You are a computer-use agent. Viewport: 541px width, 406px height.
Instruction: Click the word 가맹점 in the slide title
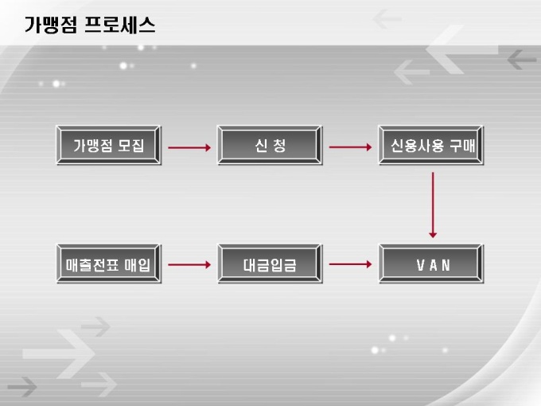point(51,25)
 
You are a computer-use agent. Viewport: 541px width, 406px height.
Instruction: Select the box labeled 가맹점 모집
point(109,146)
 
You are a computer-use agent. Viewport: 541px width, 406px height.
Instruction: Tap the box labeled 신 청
point(270,146)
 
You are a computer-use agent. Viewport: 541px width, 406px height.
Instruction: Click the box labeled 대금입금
point(270,265)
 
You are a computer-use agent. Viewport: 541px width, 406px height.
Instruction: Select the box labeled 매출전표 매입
point(109,265)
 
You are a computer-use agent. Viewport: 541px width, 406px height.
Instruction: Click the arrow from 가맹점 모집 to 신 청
point(189,147)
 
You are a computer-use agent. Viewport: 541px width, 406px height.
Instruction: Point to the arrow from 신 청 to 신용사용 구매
point(350,147)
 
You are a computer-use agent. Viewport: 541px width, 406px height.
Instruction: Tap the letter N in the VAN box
point(446,265)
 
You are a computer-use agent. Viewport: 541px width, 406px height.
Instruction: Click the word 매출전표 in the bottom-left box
point(93,265)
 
